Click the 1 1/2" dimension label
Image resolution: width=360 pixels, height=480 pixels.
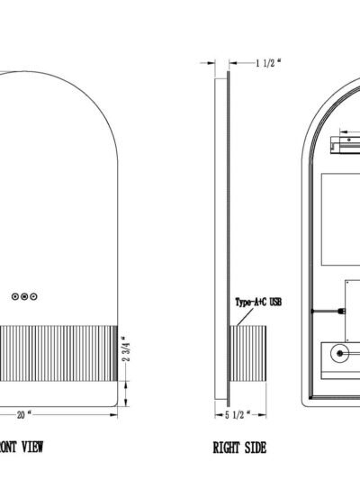[x=268, y=63]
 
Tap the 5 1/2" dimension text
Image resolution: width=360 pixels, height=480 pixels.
[x=238, y=415]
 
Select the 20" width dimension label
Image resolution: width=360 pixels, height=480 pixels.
[x=24, y=415]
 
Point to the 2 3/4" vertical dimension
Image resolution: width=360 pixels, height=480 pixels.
[x=126, y=349]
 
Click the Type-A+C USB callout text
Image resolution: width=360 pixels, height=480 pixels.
[x=258, y=303]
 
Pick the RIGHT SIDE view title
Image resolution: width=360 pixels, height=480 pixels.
[x=239, y=448]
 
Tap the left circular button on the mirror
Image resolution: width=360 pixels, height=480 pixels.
[x=15, y=296]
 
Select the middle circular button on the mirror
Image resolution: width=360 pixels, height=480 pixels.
[x=24, y=296]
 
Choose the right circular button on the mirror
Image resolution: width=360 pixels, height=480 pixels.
[x=33, y=296]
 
